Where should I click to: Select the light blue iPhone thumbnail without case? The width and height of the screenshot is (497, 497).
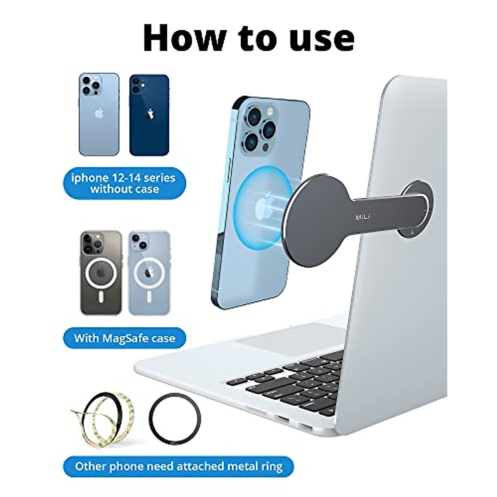pyautogui.click(x=99, y=114)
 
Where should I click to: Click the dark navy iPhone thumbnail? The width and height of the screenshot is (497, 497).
pyautogui.click(x=149, y=115)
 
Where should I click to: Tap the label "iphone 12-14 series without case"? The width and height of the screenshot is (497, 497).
pyautogui.click(x=124, y=183)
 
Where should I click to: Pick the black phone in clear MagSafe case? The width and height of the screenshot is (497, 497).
pyautogui.click(x=101, y=273)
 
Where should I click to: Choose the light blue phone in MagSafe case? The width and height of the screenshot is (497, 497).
pyautogui.click(x=149, y=273)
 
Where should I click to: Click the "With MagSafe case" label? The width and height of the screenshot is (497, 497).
pyautogui.click(x=125, y=338)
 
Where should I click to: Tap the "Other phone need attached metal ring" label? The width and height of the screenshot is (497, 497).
pyautogui.click(x=179, y=467)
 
